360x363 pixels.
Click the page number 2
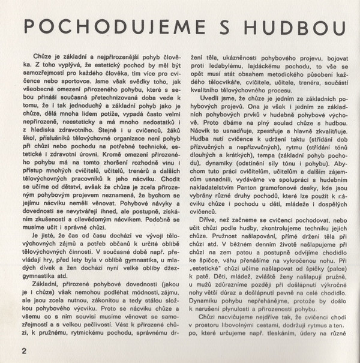tap(23, 350)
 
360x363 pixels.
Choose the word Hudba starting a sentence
tap(202, 137)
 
